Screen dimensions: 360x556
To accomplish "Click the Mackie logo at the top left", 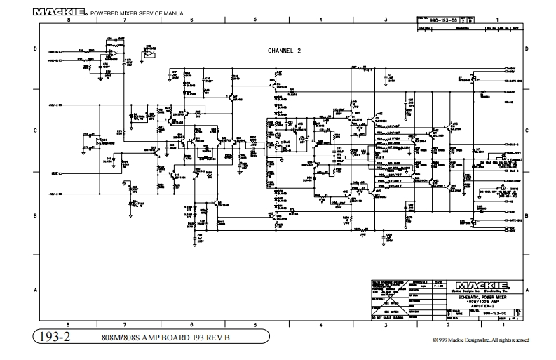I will pyautogui.click(x=60, y=12).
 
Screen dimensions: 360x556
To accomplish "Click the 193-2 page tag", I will pyautogui.click(x=59, y=338).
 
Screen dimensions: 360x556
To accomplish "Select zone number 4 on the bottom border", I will pyautogui.click(x=320, y=324).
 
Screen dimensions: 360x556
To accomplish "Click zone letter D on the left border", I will pyautogui.click(x=36, y=49).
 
